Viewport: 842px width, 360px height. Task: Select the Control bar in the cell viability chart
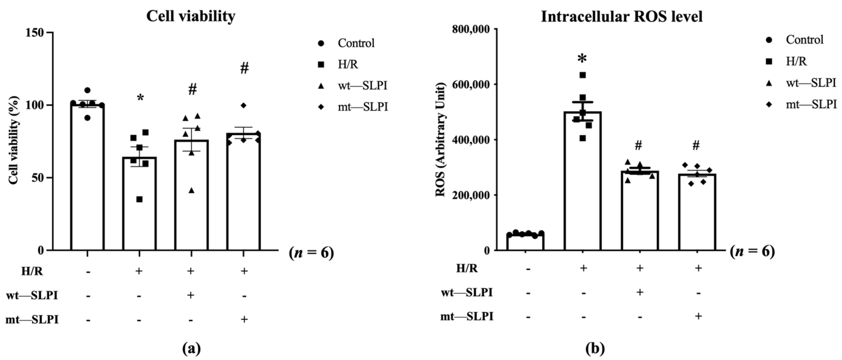click(x=87, y=177)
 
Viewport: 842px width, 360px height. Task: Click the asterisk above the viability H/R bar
click(x=140, y=98)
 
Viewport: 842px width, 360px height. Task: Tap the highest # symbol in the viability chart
click(x=244, y=68)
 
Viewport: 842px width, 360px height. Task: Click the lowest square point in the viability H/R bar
click(x=139, y=199)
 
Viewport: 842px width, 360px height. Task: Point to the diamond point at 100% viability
click(x=244, y=105)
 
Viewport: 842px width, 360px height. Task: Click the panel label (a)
click(x=191, y=349)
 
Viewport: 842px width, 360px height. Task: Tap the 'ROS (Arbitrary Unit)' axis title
click(x=441, y=140)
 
